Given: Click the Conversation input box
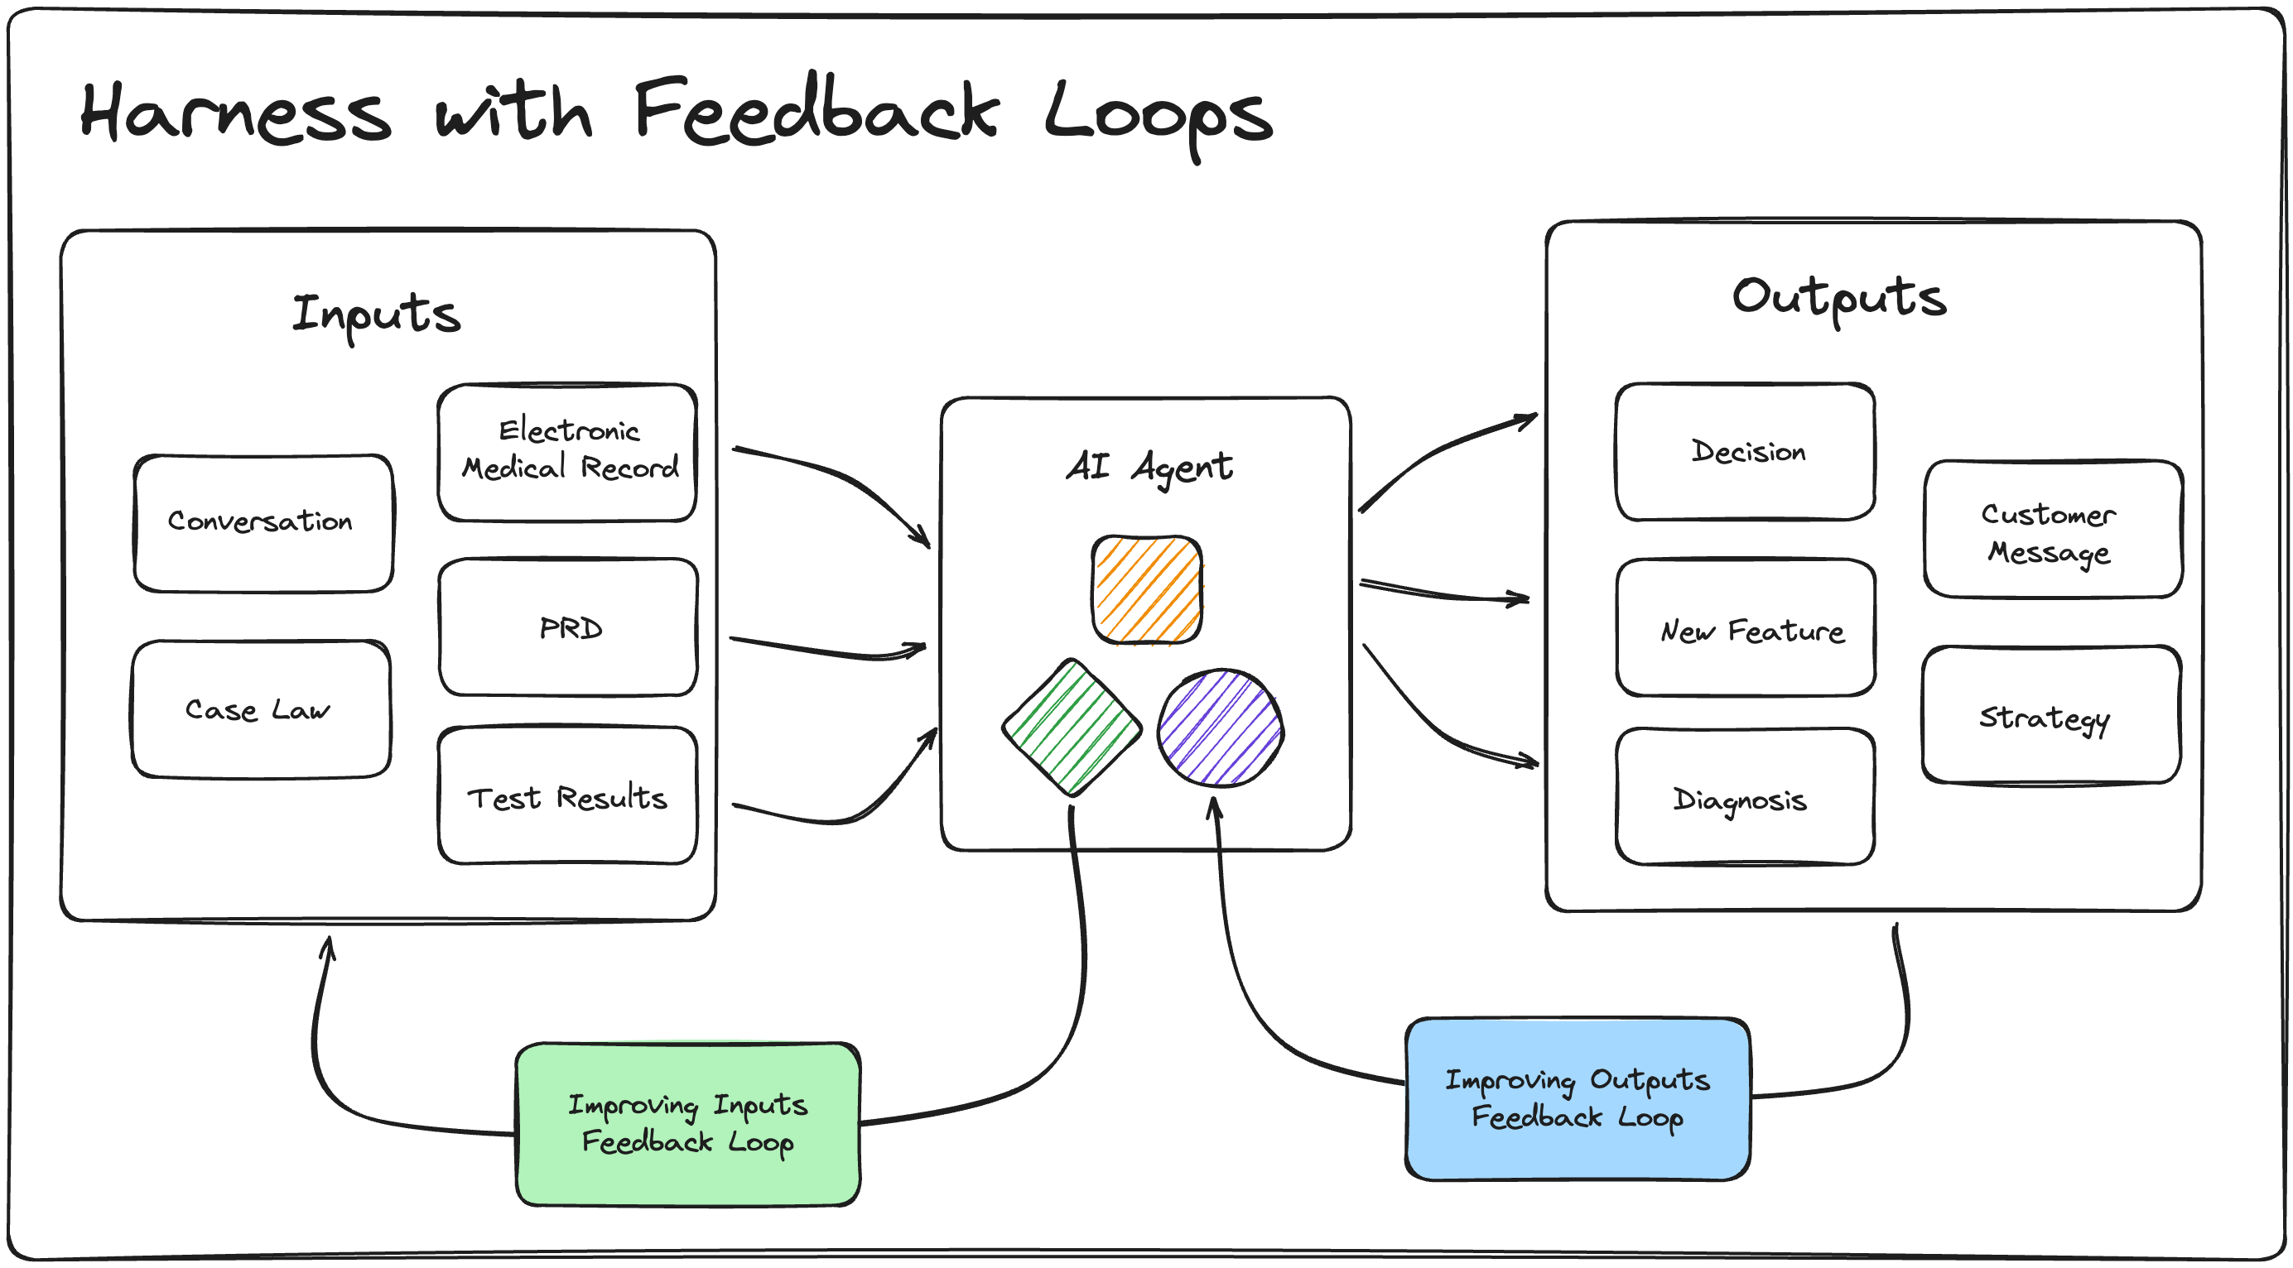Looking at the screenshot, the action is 263,523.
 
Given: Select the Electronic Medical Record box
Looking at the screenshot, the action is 567,453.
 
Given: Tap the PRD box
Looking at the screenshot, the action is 568,627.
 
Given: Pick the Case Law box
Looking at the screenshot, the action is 261,709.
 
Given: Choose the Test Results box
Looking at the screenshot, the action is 567,795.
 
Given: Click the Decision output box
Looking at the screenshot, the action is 1745,452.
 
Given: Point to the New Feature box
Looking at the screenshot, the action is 1746,627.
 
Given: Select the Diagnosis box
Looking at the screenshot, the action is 1745,796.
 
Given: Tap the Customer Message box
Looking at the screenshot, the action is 2053,530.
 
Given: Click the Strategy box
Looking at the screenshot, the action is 2051,715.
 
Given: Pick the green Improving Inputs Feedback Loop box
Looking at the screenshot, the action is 688,1125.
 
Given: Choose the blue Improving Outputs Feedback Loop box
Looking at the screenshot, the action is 1578,1100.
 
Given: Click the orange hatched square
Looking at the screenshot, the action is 1146,590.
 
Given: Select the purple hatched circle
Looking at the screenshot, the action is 1221,728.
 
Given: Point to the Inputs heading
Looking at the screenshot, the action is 377,316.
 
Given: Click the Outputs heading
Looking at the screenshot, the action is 1839,299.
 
